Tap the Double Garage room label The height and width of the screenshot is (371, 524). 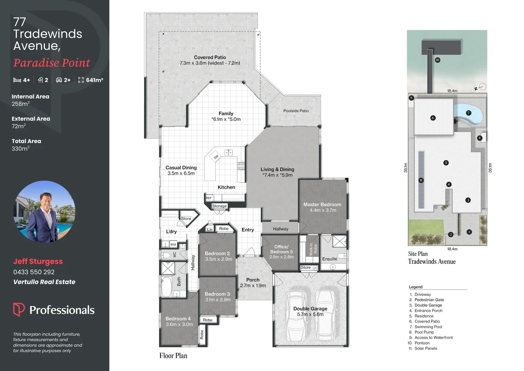click(310, 309)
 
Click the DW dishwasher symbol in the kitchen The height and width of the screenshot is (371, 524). click(216, 157)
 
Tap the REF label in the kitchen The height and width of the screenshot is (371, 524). click(209, 198)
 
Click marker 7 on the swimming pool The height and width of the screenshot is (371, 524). click(468, 113)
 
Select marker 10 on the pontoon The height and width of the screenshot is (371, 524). click(437, 60)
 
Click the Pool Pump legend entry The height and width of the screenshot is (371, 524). click(424, 332)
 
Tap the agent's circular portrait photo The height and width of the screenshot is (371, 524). click(45, 212)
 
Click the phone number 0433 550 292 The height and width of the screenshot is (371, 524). click(34, 272)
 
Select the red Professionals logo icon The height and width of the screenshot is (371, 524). click(19, 309)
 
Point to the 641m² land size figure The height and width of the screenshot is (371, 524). click(94, 80)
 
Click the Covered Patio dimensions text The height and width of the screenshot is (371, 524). click(210, 63)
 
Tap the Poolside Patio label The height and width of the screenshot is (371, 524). click(296, 111)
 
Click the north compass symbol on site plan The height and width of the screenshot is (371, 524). click(482, 87)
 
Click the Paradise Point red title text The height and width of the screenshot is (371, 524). click(51, 63)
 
